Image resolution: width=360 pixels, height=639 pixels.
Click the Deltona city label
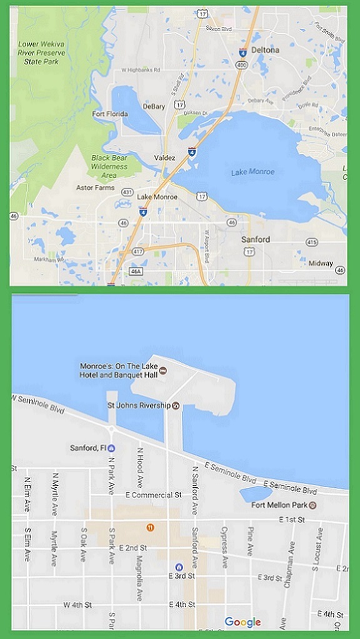point(265,49)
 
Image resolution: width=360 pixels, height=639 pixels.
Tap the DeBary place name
point(153,107)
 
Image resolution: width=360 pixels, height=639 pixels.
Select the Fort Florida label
point(109,114)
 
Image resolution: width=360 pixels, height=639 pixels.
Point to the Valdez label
point(165,158)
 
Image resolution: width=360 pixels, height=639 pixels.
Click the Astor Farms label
point(92,187)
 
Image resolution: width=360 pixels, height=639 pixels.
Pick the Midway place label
point(320,263)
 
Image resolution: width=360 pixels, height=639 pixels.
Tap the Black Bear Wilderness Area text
point(109,162)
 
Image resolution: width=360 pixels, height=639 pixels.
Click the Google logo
point(242,622)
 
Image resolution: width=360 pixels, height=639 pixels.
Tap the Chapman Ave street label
point(291,562)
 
